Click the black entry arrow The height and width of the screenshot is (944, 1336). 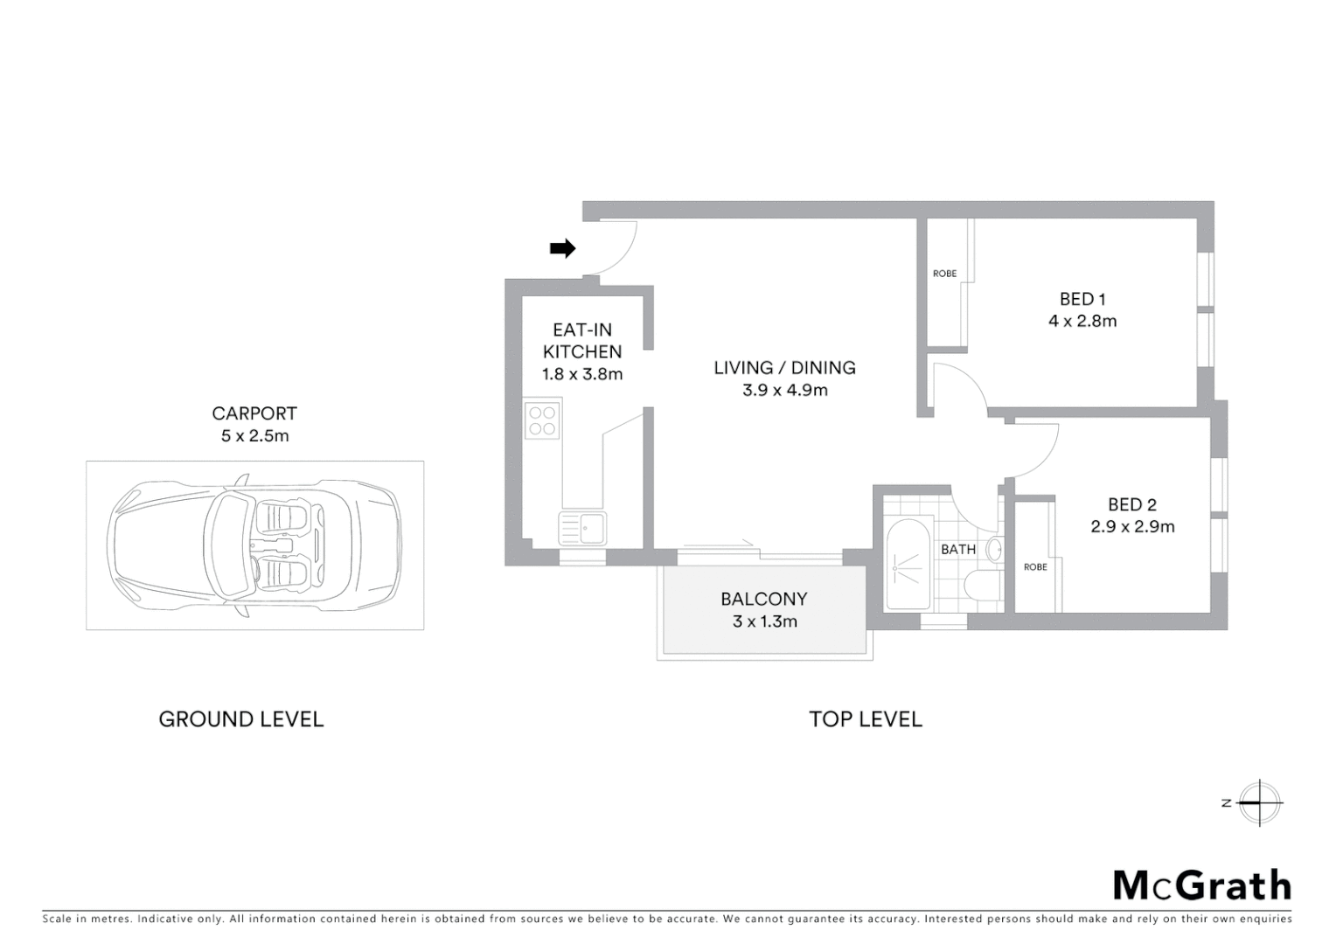click(x=562, y=249)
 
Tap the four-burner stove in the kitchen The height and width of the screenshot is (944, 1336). click(x=543, y=420)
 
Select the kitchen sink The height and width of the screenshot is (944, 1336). click(x=582, y=528)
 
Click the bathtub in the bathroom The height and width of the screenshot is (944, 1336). click(x=908, y=565)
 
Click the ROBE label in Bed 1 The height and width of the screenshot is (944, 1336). click(x=944, y=274)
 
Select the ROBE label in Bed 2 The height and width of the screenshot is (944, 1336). click(x=1035, y=567)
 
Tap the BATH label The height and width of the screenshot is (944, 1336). click(x=958, y=550)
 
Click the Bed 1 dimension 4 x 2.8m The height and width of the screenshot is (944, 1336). click(x=1082, y=321)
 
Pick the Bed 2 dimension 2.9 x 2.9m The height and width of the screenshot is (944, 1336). click(x=1132, y=527)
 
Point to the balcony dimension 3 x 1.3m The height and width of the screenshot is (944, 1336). click(x=764, y=622)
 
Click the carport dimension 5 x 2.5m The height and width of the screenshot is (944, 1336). click(x=254, y=435)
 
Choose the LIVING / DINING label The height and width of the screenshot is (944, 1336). click(x=784, y=368)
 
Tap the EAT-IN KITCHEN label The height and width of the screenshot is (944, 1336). click(x=582, y=341)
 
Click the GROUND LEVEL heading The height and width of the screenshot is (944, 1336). click(x=241, y=719)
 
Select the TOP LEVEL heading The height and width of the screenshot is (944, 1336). click(x=866, y=719)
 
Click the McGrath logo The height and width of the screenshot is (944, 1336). click(x=1202, y=885)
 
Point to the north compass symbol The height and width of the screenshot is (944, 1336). click(x=1258, y=802)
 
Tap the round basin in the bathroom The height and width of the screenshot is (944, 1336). click(x=994, y=550)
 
